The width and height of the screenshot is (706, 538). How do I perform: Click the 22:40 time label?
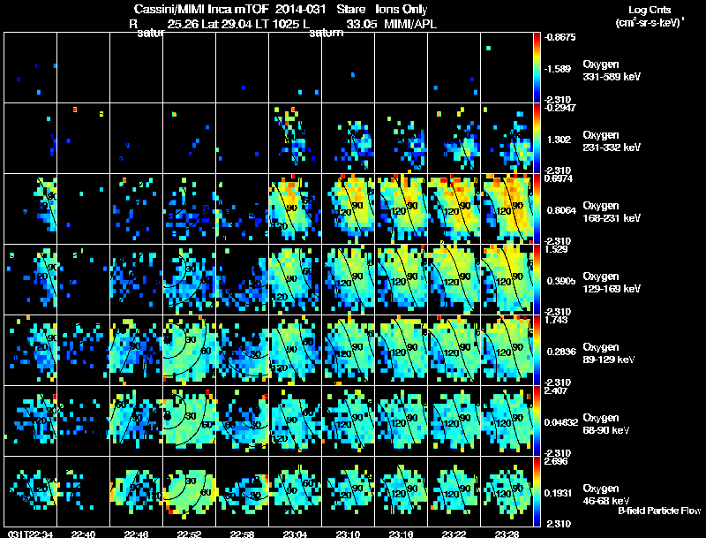pos(84,533)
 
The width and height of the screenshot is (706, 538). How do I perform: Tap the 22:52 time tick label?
pos(190,533)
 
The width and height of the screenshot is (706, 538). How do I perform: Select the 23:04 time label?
pos(296,533)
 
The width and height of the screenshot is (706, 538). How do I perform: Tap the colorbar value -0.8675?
pos(560,38)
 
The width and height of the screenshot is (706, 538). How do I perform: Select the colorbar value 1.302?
pos(560,139)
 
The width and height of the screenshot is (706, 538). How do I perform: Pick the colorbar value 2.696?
pos(559,461)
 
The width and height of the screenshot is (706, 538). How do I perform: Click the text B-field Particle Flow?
pos(659,511)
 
